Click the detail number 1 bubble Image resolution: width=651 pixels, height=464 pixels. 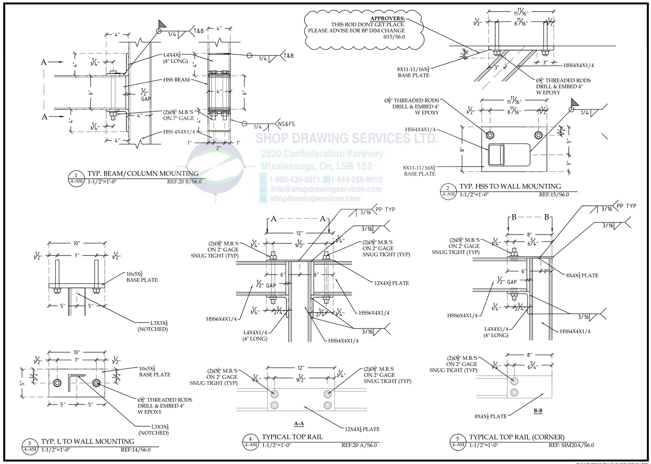tap(76, 175)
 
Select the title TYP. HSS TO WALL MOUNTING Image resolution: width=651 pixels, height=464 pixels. tap(510, 186)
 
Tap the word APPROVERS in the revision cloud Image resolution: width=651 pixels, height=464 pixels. tap(387, 18)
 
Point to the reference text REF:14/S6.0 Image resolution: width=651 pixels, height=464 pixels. tap(136, 450)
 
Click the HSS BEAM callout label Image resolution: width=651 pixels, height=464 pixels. tap(176, 80)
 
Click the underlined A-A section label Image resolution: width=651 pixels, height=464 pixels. tap(299, 424)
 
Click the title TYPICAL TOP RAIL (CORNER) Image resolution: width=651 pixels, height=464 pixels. tap(517, 437)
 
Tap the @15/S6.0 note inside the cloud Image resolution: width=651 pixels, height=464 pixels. tap(394, 42)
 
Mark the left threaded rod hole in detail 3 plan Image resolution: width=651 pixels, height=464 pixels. tap(57, 383)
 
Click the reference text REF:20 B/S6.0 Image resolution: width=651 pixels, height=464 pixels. tap(184, 182)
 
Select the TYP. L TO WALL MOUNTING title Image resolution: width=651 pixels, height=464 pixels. tap(87, 441)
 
